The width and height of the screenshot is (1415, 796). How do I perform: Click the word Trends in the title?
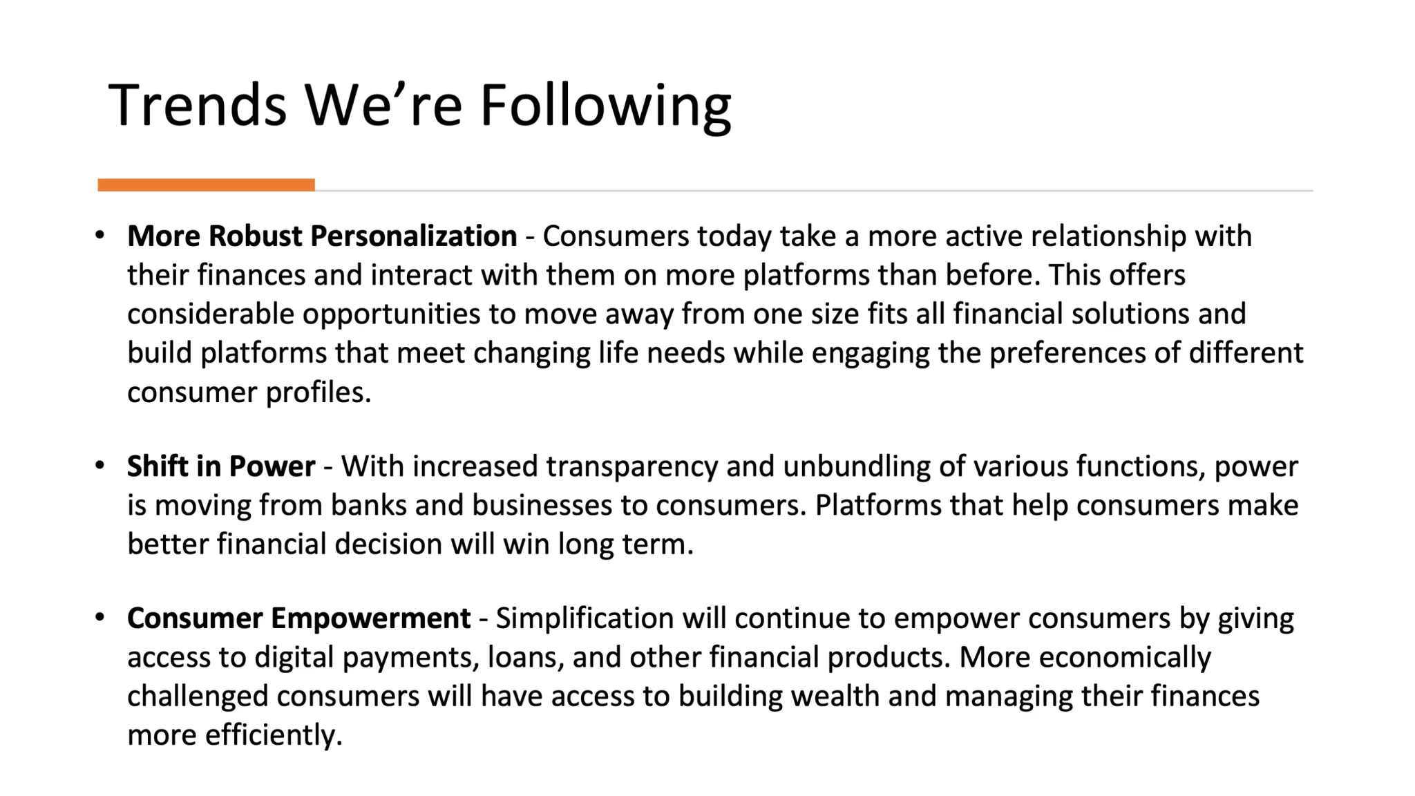coord(197,105)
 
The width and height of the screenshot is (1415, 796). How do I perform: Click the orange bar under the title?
coord(206,184)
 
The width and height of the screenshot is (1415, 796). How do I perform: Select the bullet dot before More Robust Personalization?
coord(100,235)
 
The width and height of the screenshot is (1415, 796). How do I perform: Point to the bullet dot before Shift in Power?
coord(100,465)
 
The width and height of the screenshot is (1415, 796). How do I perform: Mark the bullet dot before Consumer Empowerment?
coord(100,616)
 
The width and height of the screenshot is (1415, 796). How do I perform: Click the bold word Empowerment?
coord(370,618)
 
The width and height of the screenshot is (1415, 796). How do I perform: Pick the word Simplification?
coord(585,618)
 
